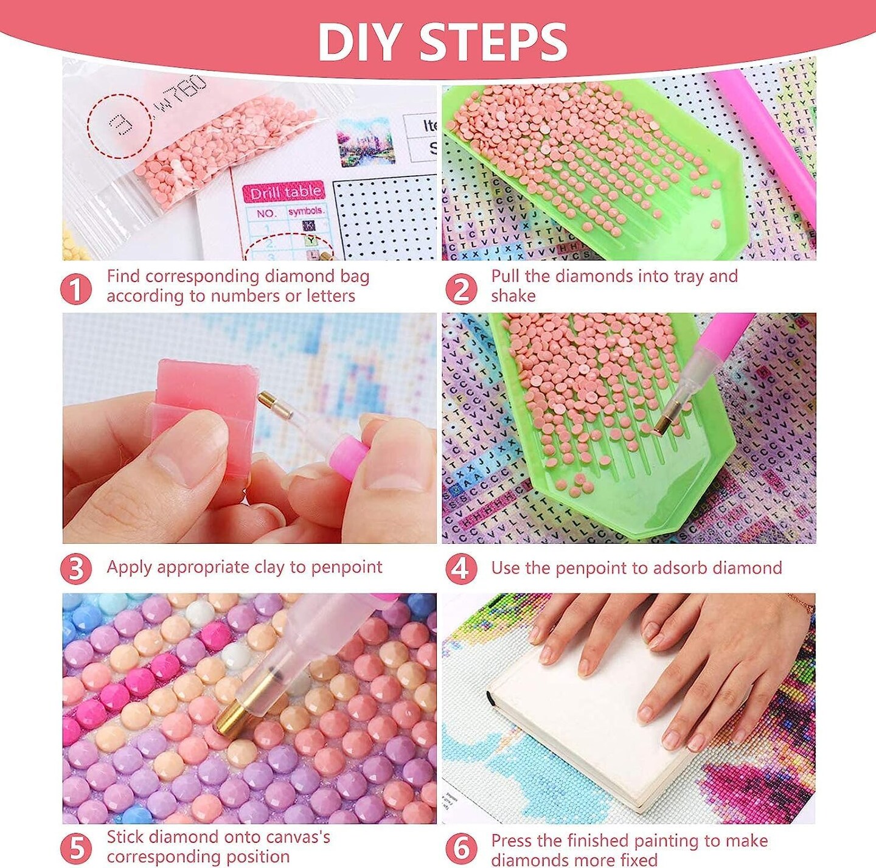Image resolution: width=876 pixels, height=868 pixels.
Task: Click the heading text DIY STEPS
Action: click(442, 41)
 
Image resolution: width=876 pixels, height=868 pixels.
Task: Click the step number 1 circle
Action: click(76, 289)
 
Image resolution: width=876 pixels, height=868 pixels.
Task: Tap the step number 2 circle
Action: click(461, 289)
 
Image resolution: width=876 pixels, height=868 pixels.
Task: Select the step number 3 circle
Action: click(76, 569)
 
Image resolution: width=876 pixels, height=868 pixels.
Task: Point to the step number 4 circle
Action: click(461, 569)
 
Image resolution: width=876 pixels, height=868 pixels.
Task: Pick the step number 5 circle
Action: click(76, 848)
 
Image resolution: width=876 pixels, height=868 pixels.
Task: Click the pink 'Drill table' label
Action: click(285, 193)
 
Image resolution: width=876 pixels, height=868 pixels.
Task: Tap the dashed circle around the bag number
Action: click(119, 126)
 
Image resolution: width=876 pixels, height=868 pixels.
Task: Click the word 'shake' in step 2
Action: click(513, 296)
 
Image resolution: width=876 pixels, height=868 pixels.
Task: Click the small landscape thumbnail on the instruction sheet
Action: click(366, 141)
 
